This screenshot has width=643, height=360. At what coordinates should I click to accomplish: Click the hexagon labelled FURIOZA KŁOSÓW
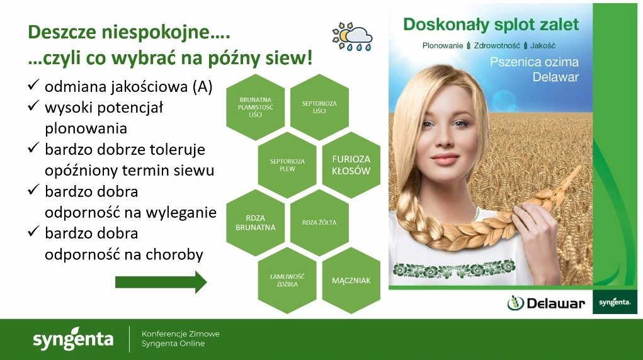351,165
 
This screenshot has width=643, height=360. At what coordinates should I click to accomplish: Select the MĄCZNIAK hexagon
351,281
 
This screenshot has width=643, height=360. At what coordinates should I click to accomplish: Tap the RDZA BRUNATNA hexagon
256,223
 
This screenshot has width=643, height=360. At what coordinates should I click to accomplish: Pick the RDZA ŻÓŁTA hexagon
319,223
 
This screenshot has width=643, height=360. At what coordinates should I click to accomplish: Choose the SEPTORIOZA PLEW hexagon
287,165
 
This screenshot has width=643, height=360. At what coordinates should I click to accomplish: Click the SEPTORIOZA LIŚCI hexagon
319,107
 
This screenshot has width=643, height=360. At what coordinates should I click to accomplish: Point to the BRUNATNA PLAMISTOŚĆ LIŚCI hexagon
256,107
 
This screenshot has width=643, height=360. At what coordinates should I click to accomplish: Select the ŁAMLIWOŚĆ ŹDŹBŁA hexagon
287,281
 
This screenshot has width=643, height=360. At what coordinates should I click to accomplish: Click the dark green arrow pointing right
161,282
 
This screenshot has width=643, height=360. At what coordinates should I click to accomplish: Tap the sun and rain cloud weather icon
352,37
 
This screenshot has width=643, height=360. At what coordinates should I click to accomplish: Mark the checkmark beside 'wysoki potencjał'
33,106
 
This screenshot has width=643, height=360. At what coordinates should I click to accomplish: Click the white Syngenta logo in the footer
73,338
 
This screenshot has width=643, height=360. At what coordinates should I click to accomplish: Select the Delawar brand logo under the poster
546,303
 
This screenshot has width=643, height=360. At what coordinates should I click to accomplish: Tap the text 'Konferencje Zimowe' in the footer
181,334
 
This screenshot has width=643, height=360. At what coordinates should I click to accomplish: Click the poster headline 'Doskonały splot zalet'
491,25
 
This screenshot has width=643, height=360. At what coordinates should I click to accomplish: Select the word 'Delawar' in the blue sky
555,77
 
